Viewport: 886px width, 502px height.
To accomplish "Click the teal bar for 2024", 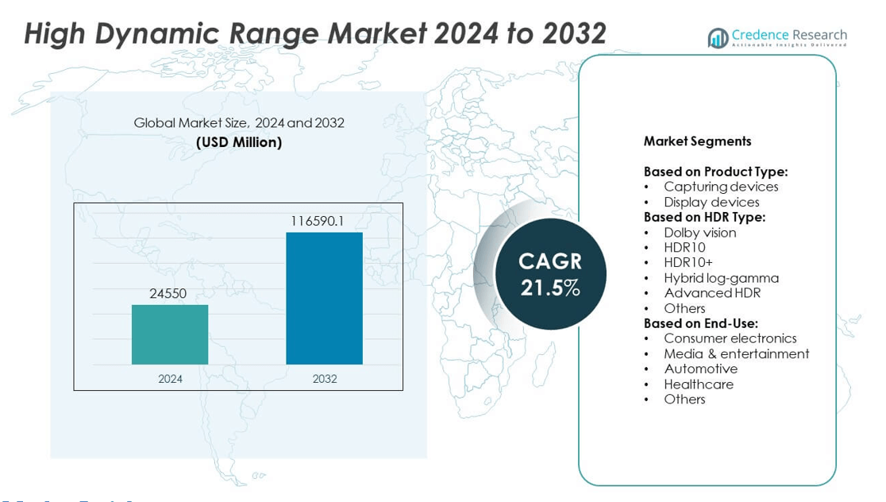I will click(x=170, y=334).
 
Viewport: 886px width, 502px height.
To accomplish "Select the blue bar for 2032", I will click(x=324, y=298).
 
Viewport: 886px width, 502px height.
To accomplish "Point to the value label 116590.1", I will click(x=317, y=221).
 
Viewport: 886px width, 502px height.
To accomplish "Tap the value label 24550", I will click(x=168, y=294).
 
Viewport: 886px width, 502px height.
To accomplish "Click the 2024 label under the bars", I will click(x=170, y=379).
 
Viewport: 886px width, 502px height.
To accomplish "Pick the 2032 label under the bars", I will click(x=324, y=379).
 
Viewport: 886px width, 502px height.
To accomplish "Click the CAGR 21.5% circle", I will click(x=550, y=273).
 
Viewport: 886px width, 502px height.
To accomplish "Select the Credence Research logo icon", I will click(x=718, y=37).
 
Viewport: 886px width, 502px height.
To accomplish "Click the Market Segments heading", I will click(x=697, y=141).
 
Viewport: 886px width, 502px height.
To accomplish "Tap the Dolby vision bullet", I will click(x=699, y=233).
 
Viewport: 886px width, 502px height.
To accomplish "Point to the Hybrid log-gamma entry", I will click(x=721, y=278).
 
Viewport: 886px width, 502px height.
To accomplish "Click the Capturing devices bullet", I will click(x=721, y=187).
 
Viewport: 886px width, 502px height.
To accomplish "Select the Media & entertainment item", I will click(x=736, y=354).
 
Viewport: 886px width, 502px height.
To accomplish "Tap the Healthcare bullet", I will click(x=698, y=384).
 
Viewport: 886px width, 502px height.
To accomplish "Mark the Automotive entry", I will click(x=700, y=369).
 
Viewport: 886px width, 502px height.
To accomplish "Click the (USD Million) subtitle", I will click(x=238, y=143).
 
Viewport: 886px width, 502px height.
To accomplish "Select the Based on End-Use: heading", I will click(x=700, y=323).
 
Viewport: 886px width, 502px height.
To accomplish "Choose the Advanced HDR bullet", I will click(x=711, y=293).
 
